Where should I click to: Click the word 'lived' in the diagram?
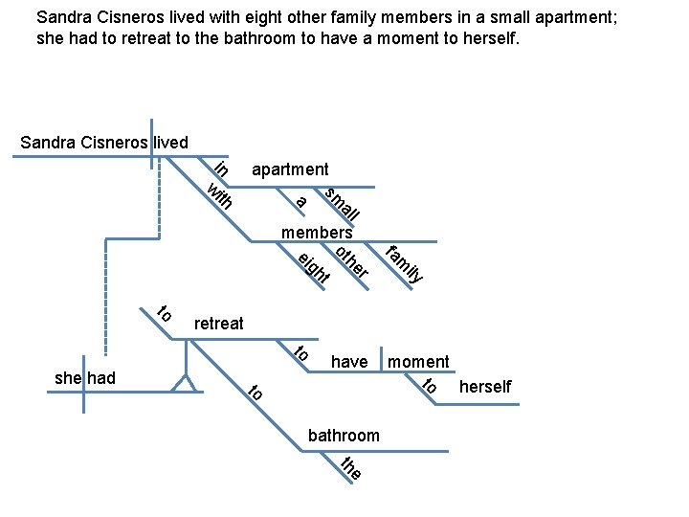[x=170, y=143]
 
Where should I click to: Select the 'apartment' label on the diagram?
[x=290, y=169]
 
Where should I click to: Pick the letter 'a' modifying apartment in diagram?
[x=300, y=201]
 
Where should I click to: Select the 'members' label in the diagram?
[x=317, y=233]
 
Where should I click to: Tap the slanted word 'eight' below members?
[x=313, y=268]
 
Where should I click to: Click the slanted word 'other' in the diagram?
[x=352, y=262]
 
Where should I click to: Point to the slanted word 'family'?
[x=405, y=265]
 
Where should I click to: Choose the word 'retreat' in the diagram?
[x=218, y=324]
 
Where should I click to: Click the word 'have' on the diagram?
[x=349, y=361]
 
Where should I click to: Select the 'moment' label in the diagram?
[x=418, y=361]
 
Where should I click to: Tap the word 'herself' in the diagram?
[x=485, y=387]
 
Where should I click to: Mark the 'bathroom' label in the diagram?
[x=344, y=436]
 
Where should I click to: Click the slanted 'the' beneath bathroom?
[x=351, y=469]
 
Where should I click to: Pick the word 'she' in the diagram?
[x=68, y=378]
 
